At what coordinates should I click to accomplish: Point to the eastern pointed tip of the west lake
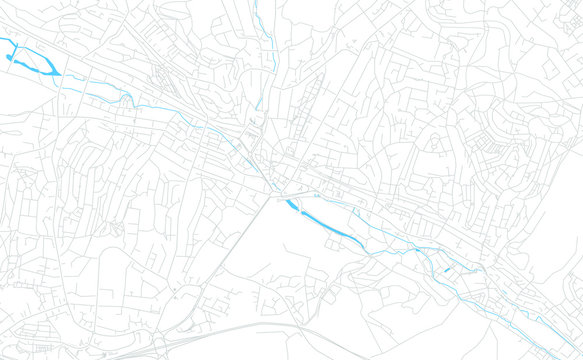(59, 73)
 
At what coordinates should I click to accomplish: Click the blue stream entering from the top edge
(261, 30)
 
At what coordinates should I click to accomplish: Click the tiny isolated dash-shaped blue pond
(446, 269)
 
